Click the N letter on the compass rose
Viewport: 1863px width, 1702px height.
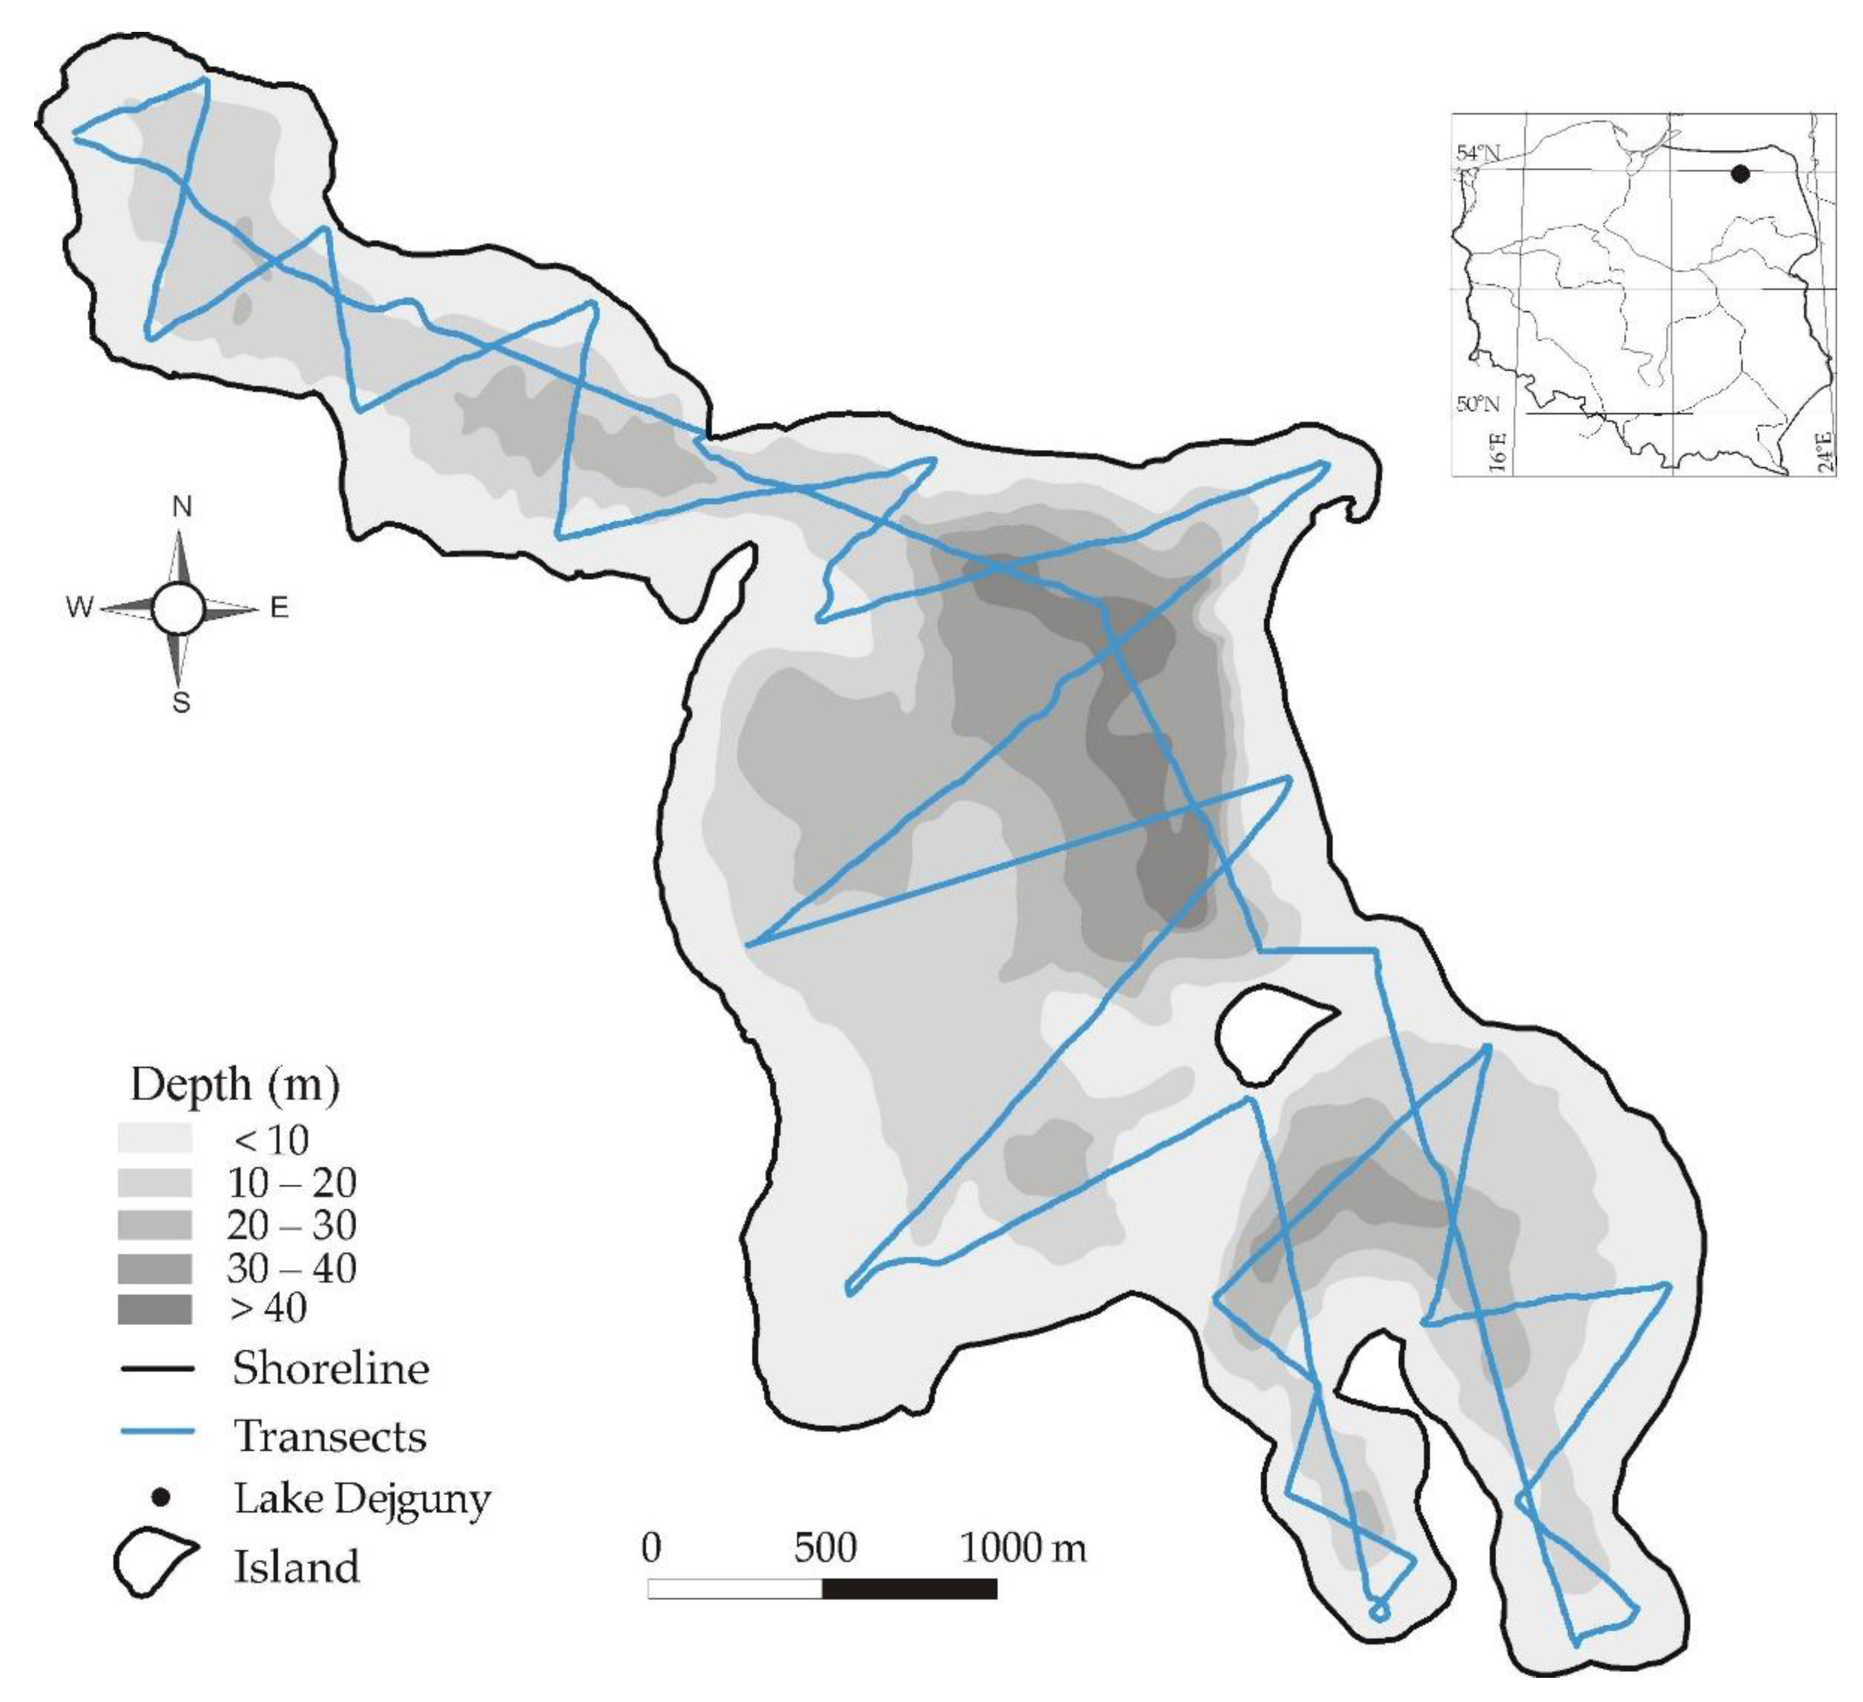pos(182,506)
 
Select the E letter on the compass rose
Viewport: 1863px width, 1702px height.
pos(279,607)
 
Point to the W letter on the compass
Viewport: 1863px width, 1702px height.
pos(80,607)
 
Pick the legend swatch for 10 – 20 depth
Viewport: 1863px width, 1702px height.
pos(154,1182)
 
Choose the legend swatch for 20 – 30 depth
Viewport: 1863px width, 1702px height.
pos(154,1225)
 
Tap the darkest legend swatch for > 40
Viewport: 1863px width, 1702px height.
pos(154,1309)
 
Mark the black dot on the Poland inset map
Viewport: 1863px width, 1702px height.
pos(1740,173)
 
